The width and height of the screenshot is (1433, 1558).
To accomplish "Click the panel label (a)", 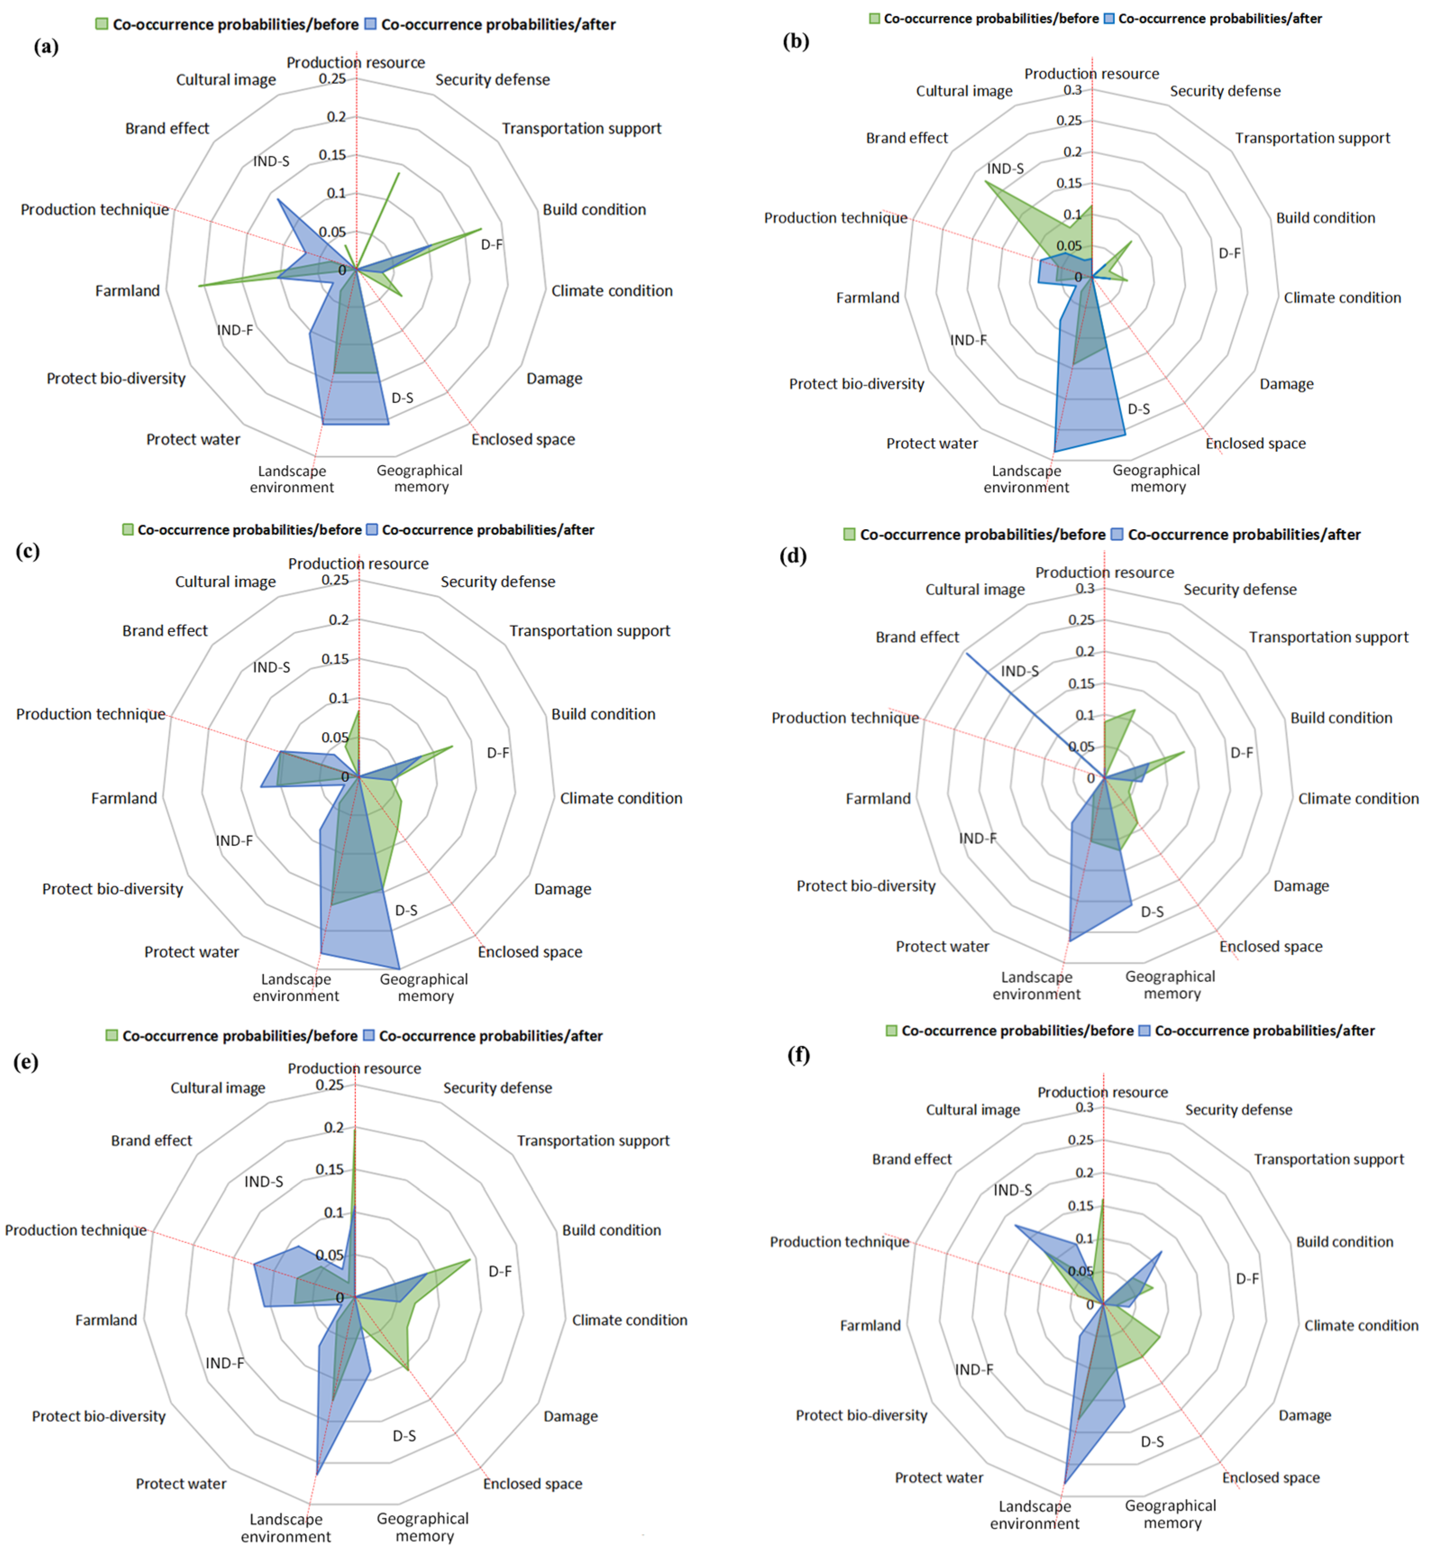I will [x=46, y=46].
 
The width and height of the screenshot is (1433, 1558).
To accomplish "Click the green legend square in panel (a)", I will [x=101, y=24].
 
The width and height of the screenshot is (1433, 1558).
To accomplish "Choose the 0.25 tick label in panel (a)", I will [x=332, y=78].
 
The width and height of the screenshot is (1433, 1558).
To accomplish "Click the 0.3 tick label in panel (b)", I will [x=1072, y=90].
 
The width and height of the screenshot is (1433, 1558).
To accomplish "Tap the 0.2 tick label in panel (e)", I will [x=334, y=1127].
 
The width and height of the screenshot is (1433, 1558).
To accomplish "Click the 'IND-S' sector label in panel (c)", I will [x=271, y=667].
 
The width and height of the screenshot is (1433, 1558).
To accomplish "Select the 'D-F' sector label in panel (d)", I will [x=1241, y=752].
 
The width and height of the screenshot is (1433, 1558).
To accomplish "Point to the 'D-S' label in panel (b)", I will [x=1138, y=409].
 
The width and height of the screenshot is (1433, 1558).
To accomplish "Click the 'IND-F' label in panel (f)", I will [x=974, y=1370].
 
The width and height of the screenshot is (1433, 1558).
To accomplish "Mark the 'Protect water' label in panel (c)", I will [x=192, y=952].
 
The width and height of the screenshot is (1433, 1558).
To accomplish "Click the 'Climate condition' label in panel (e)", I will [x=629, y=1320].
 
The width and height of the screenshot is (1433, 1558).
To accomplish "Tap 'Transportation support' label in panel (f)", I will [x=1328, y=1159].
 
